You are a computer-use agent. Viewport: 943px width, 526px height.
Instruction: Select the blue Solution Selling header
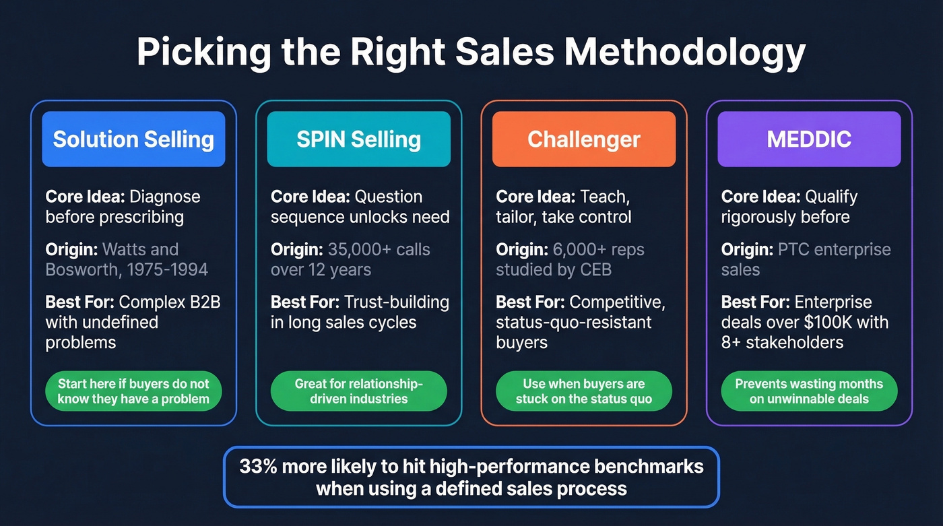(133, 139)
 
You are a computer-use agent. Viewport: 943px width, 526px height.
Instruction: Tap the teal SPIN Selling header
(358, 139)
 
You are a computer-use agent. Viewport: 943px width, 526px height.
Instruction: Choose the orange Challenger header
(583, 139)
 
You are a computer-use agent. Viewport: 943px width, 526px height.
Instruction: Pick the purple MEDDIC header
(809, 139)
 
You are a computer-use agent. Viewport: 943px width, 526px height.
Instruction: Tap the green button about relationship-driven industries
(358, 391)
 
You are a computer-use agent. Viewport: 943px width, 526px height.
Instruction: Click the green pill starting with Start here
(133, 391)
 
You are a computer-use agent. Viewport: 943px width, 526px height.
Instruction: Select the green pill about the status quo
(583, 391)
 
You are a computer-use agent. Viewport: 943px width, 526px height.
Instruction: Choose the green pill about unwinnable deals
(809, 391)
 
